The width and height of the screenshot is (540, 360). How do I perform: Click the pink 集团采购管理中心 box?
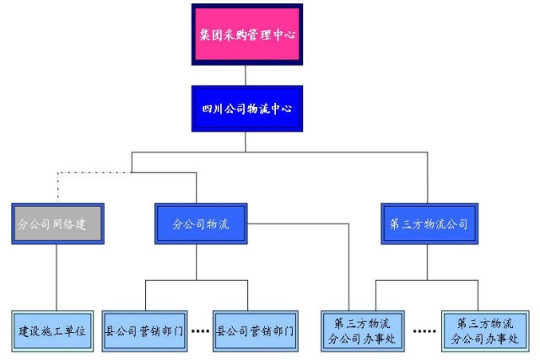(246, 35)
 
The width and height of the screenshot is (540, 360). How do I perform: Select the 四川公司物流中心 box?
(246, 109)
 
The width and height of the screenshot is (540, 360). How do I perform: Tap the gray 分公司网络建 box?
(57, 224)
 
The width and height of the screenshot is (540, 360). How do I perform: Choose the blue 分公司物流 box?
(201, 224)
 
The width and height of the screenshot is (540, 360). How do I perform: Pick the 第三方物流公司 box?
(429, 224)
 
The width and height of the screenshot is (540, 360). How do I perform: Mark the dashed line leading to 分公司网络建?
(93, 174)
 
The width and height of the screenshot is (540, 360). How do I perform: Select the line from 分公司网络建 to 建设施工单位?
(57, 278)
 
